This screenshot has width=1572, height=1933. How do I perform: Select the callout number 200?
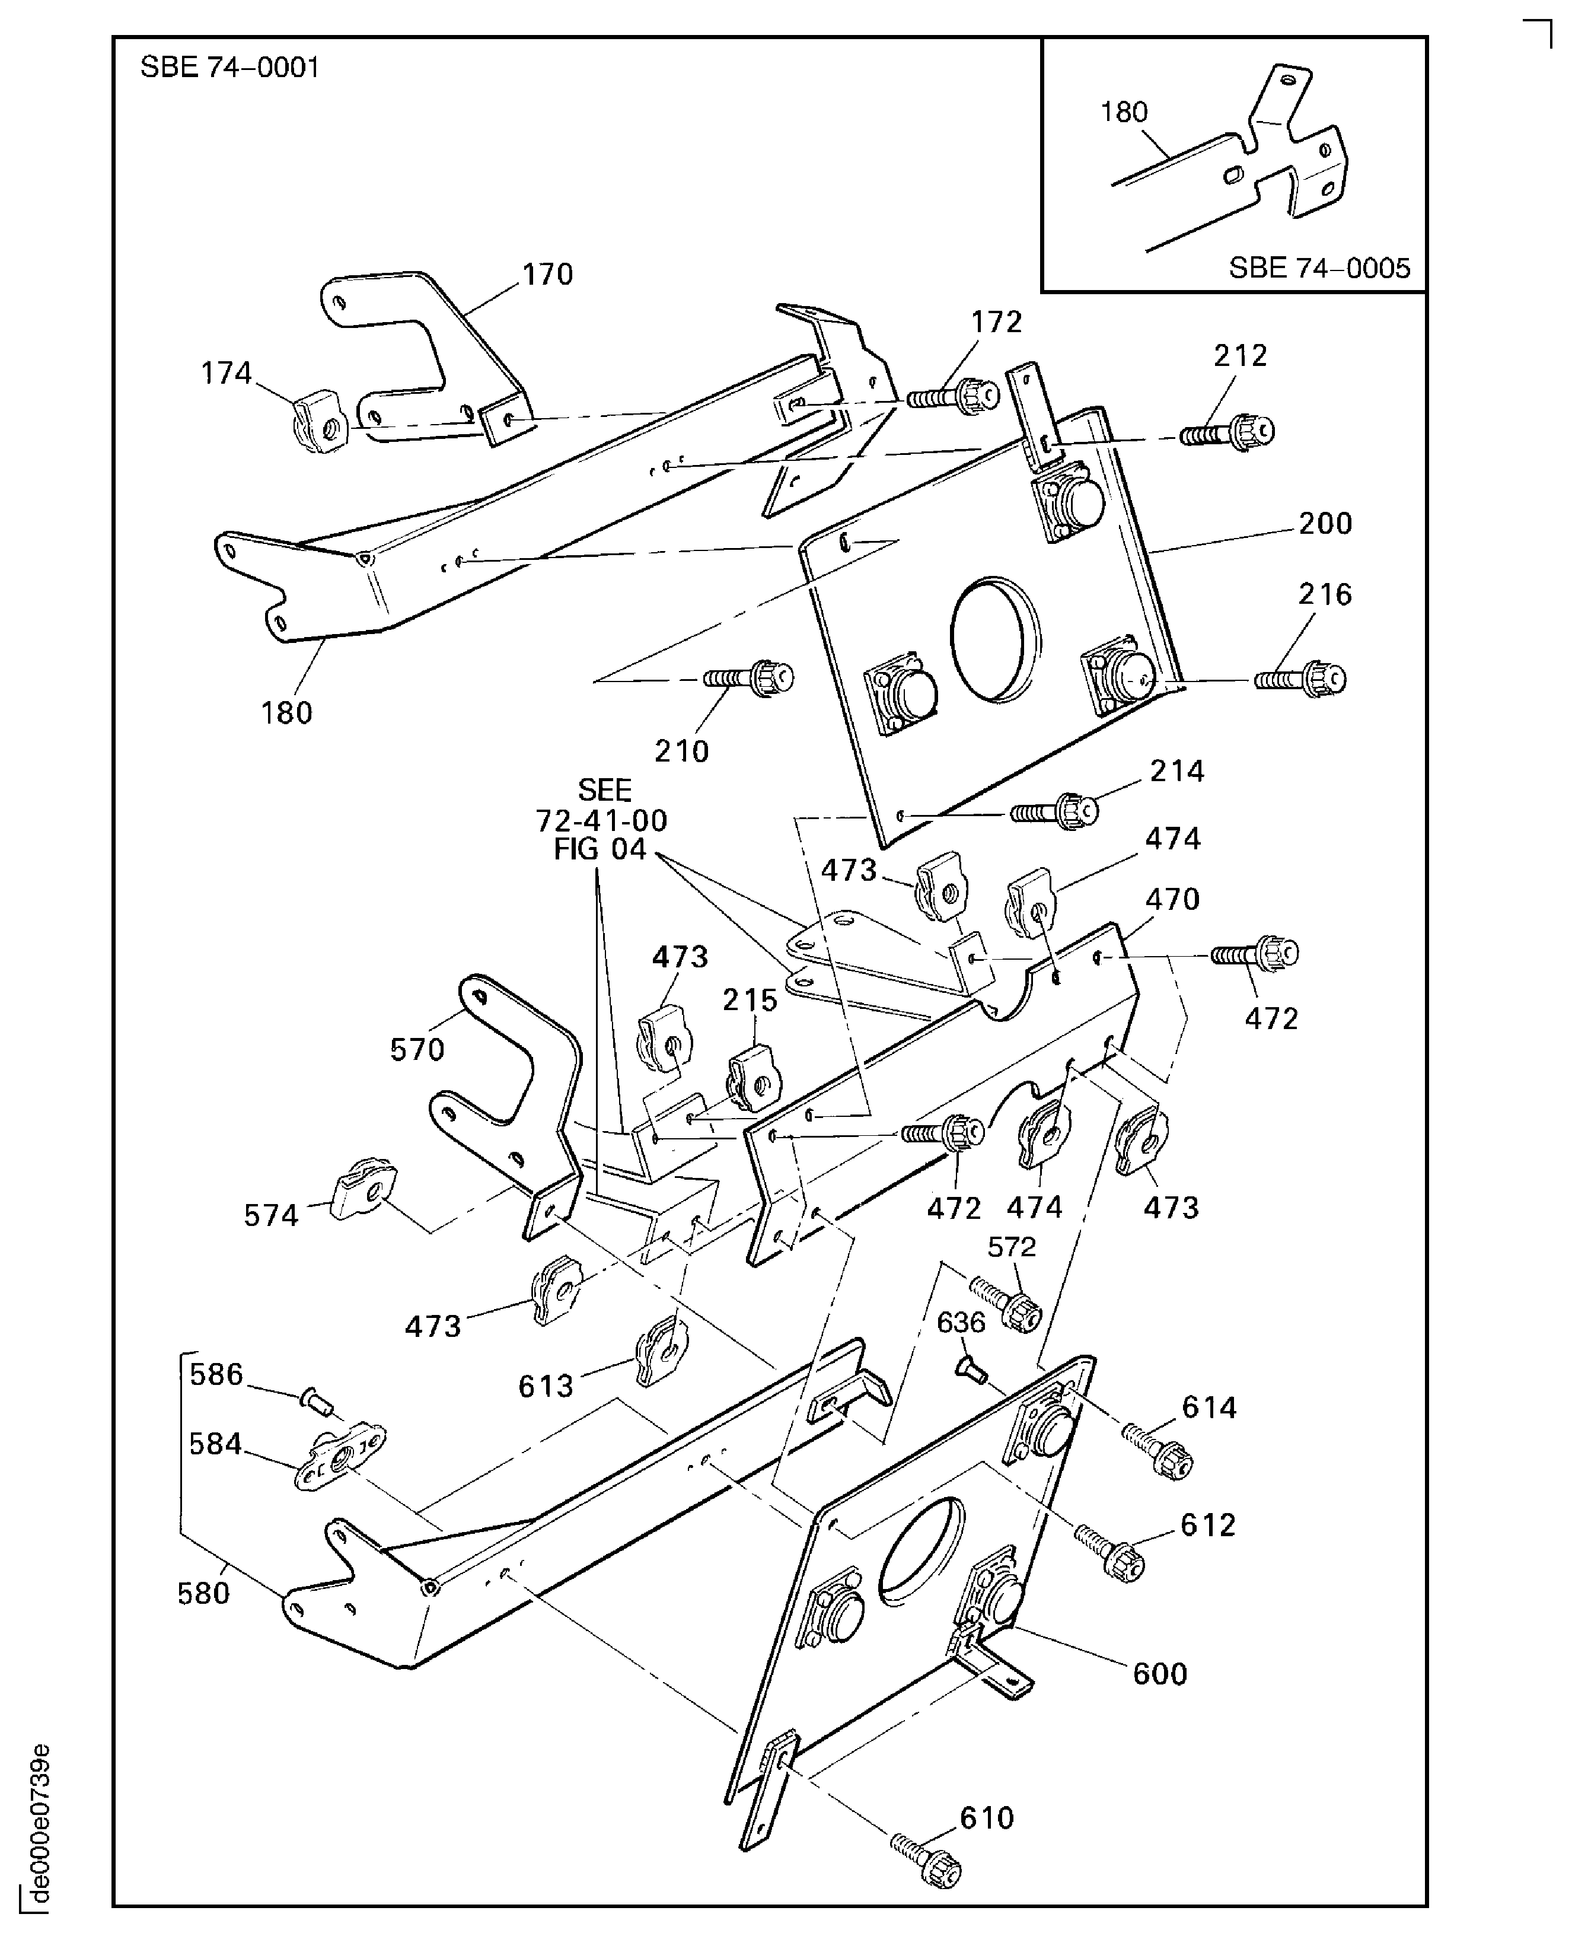1325,524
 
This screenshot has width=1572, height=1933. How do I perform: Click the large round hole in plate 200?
994,639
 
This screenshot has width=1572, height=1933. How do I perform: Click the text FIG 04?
600,849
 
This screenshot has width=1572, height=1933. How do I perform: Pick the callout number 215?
750,1000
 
